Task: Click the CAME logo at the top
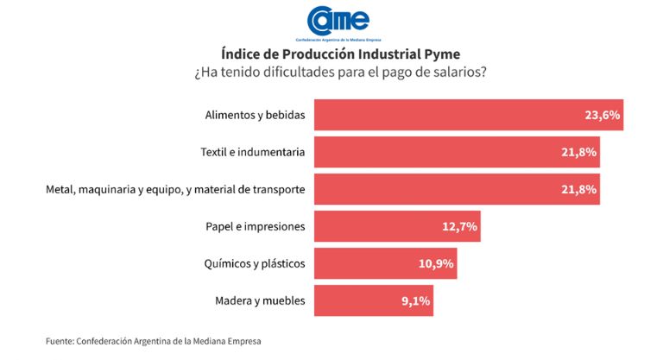[331, 22]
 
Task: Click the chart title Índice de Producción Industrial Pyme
[331, 54]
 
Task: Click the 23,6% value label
[602, 115]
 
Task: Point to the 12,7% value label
[458, 227]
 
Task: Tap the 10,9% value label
[436, 264]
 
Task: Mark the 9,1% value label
[414, 301]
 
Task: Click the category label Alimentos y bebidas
[255, 115]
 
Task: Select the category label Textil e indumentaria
[251, 152]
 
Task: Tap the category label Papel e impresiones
[255, 227]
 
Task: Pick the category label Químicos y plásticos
[255, 264]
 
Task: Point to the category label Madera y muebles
[259, 301]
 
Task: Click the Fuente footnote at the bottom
[154, 341]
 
